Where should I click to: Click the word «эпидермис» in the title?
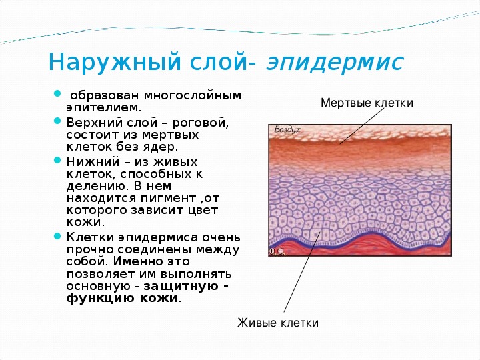coord(335,63)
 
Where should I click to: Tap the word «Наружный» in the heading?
coord(115,63)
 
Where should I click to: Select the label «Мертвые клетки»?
coord(367,103)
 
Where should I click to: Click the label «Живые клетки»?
coord(278,323)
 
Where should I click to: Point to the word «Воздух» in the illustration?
coord(287,130)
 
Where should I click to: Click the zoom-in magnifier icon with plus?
coord(272,251)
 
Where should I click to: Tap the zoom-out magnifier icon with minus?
coord(281,251)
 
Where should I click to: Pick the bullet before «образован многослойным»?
coord(57,93)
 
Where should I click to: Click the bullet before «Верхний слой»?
coord(57,121)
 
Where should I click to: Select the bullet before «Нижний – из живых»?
coord(57,160)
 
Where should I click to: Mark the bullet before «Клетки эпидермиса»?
coord(57,236)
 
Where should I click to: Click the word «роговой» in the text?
coord(201,123)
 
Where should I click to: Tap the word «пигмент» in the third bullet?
coord(168,199)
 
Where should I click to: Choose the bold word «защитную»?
coord(181,287)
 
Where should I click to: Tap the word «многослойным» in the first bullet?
coord(193,96)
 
